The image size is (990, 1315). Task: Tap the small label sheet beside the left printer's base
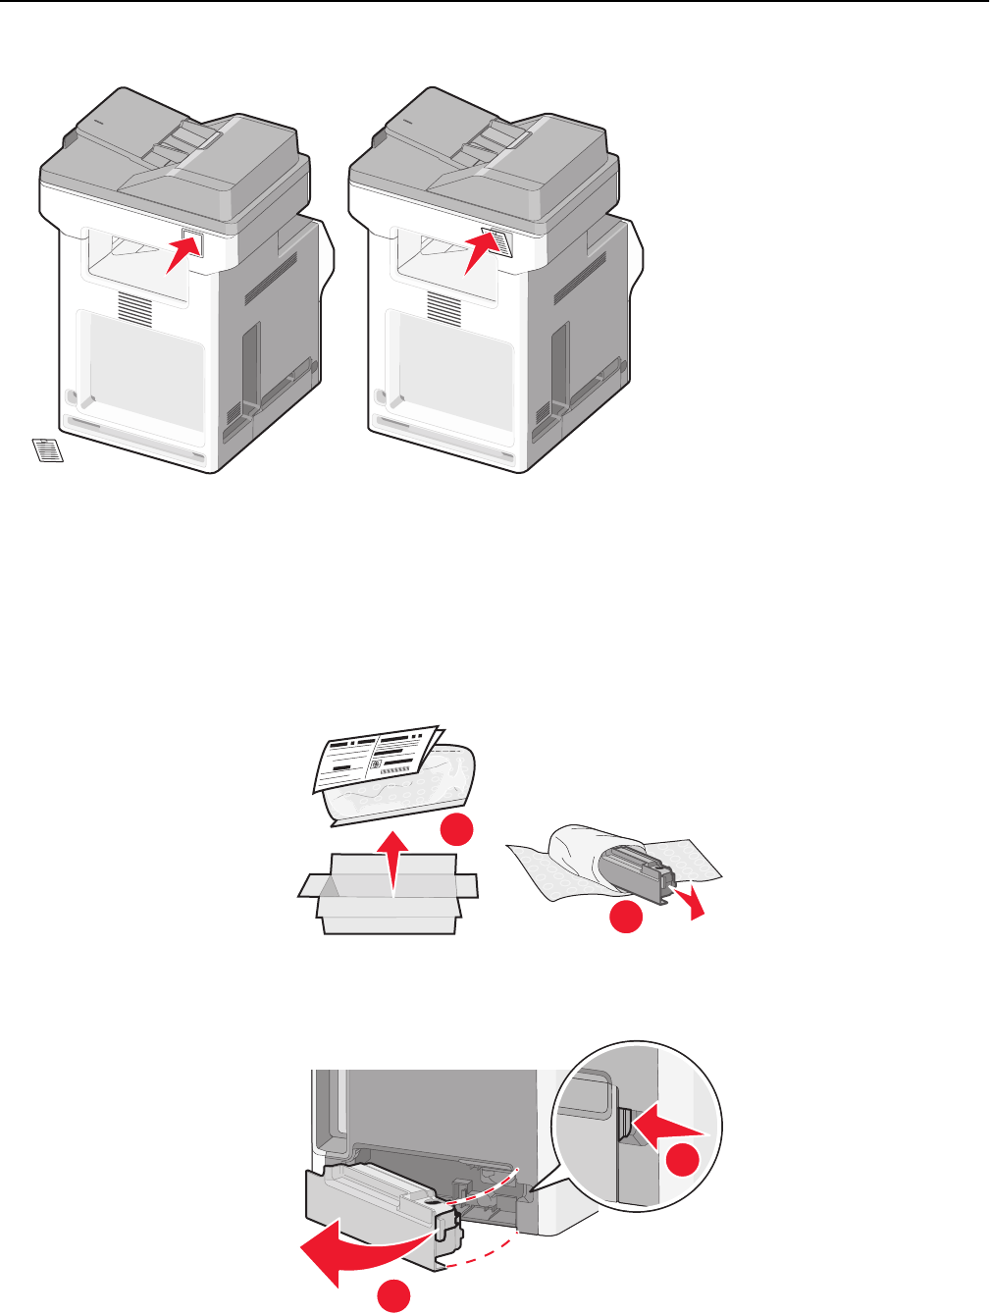(46, 449)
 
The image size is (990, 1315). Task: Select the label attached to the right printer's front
(499, 240)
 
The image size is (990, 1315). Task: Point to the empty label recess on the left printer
(192, 242)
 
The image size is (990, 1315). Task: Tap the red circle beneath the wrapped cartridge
(626, 918)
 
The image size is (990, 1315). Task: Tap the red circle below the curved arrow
(394, 1296)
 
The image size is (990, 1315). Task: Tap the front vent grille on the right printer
(444, 307)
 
